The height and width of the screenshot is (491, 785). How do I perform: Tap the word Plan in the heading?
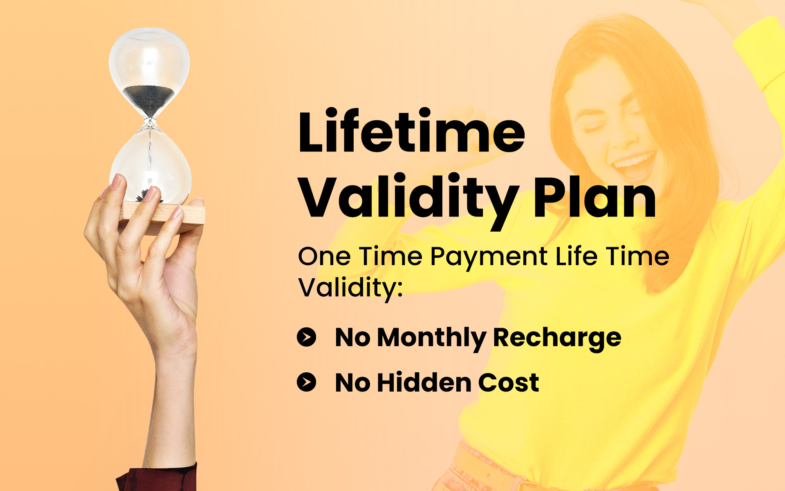tap(595, 196)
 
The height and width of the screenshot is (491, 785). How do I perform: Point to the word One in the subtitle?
tap(324, 257)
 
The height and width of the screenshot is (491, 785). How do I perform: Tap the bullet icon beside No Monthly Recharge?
tap(307, 337)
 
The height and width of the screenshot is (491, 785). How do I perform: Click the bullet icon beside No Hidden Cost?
tap(307, 382)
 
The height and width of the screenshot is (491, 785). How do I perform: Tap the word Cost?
tap(509, 383)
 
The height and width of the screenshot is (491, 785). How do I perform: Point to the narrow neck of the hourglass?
tap(150, 123)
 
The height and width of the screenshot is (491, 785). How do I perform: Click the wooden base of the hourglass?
tap(164, 217)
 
